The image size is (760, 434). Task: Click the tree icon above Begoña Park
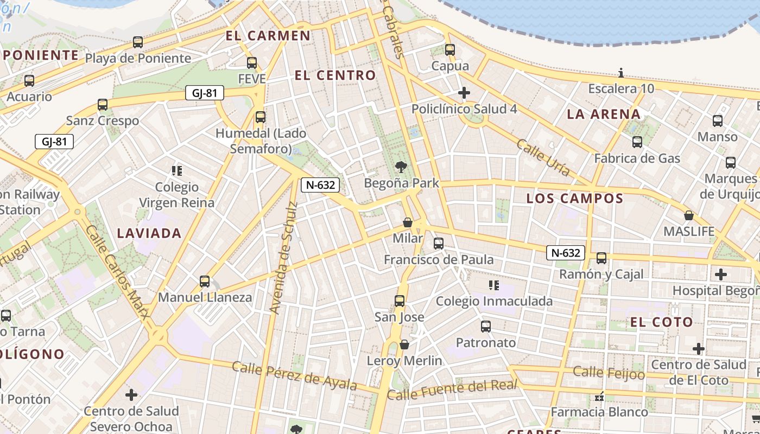pos(401,167)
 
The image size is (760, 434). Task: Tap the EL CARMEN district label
pos(268,36)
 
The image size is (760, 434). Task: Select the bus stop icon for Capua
pos(450,50)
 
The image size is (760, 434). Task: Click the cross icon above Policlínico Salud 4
pos(464,93)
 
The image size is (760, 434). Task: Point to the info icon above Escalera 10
pos(621,73)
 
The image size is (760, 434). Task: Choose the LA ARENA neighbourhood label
pos(604,114)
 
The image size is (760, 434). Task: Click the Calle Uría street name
pos(543,157)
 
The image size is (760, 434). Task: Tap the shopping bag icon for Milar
pos(408,222)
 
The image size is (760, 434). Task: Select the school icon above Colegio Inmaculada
pos(493,285)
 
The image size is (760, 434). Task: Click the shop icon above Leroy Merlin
pos(404,344)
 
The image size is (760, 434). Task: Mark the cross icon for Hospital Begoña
pos(720,275)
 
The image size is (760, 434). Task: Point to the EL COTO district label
pos(661,322)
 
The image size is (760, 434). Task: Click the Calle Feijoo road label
pos(609,373)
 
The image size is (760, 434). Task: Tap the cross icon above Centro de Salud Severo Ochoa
pos(131,395)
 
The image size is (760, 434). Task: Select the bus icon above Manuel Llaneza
pos(205,282)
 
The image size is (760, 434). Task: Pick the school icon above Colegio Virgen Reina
pos(176,171)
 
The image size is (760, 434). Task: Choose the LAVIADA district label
pos(149,234)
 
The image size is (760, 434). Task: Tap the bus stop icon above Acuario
pos(29,81)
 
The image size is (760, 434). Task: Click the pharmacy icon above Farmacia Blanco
pos(600,397)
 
